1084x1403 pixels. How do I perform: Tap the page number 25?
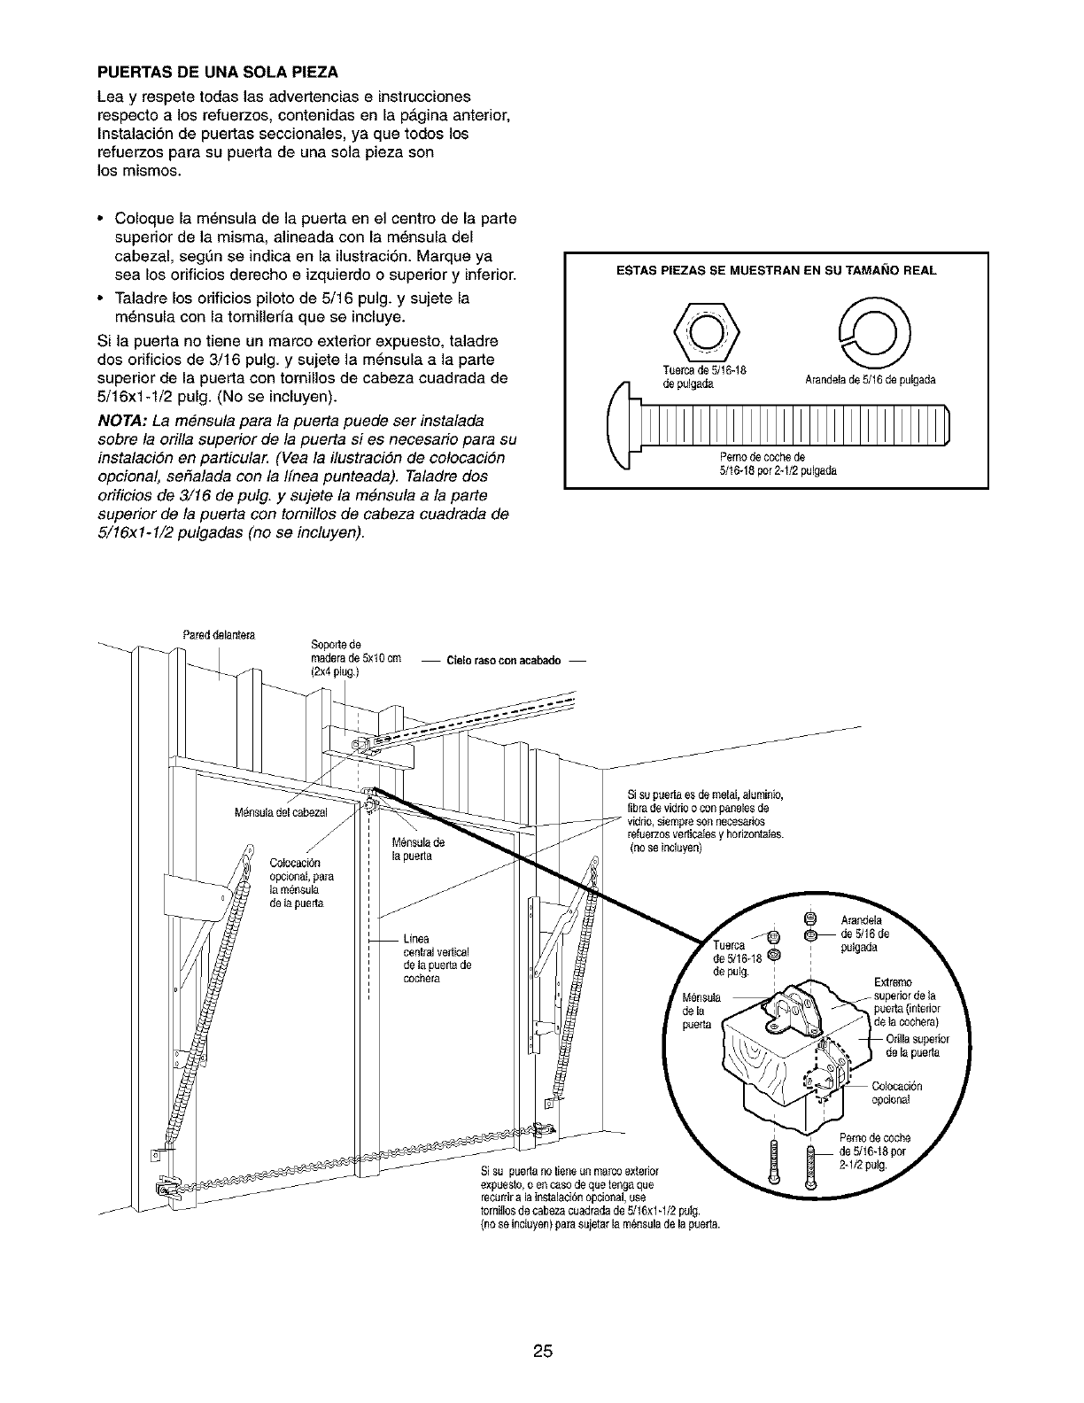click(x=543, y=1326)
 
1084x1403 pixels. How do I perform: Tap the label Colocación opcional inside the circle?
click(x=897, y=1093)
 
